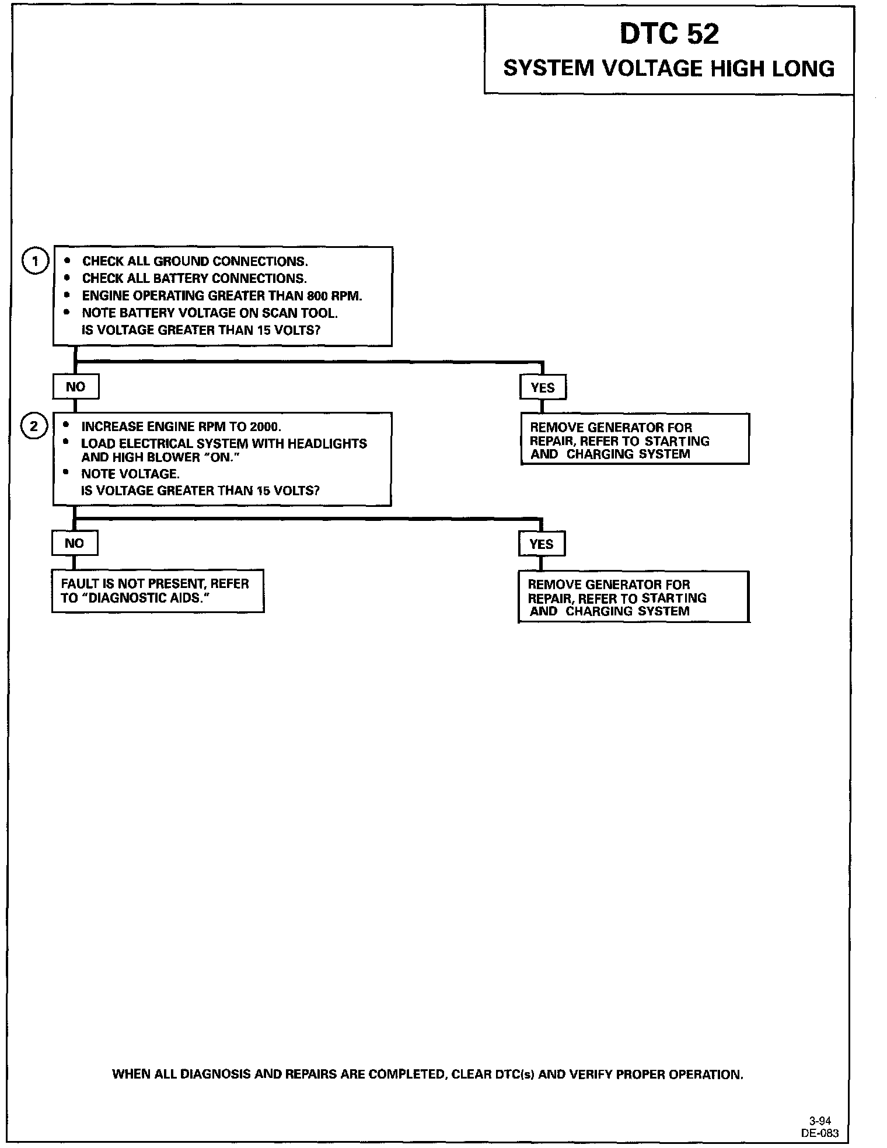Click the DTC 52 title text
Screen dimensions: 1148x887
tap(669, 34)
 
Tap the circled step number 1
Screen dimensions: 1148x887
tap(35, 261)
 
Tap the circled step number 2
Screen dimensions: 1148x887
tap(34, 426)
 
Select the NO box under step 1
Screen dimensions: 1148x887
tap(76, 387)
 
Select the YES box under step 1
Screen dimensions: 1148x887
tap(543, 387)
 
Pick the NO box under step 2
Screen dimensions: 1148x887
tap(75, 543)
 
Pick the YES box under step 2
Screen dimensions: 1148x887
tap(542, 544)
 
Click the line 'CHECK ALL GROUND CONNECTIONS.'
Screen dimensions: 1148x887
tap(195, 261)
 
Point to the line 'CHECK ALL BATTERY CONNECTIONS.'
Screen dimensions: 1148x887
tap(194, 278)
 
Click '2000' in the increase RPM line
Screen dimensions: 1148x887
tap(264, 426)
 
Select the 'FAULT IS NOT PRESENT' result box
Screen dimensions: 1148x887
tap(158, 591)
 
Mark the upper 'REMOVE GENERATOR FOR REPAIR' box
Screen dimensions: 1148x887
tap(634, 439)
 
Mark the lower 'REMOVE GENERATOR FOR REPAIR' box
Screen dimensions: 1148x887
tap(633, 597)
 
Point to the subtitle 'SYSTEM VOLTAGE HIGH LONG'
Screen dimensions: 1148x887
tap(669, 69)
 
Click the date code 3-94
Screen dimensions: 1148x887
tap(820, 1121)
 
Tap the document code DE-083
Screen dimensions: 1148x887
tap(819, 1133)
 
